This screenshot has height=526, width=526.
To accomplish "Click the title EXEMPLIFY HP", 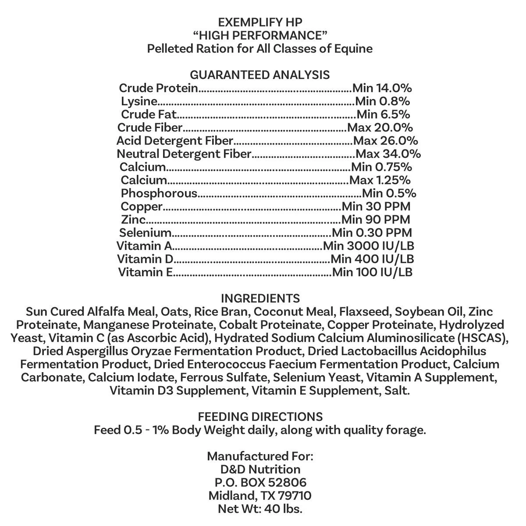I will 260,22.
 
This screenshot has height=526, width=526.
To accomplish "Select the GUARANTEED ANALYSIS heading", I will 260,75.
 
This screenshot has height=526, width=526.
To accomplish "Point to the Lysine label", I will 139,101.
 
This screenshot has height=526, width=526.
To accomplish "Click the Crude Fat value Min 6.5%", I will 384,114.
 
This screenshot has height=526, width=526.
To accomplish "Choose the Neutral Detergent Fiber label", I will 184,154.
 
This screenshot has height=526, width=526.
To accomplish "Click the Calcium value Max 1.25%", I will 380,180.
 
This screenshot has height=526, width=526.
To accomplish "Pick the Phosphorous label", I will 159,193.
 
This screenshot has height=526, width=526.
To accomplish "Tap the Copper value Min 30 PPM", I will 376,206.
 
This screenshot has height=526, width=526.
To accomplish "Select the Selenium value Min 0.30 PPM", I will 372,233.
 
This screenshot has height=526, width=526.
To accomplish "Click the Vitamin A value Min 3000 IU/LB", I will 369,246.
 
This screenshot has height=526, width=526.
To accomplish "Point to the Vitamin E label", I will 146,272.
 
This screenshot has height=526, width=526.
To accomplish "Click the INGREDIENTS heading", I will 260,299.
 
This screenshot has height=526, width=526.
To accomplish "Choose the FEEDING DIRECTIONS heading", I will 260,416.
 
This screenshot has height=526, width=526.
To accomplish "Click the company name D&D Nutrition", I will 260,469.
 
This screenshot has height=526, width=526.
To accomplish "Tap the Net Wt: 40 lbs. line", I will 260,509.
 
